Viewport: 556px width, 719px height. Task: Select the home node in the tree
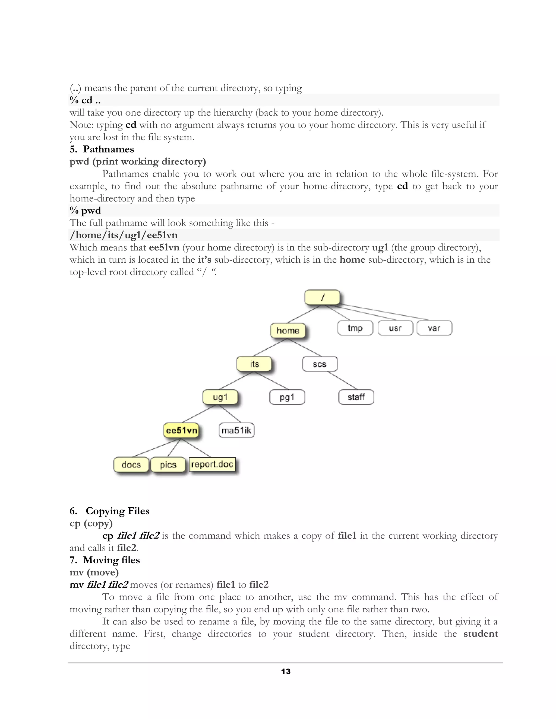coord(288,330)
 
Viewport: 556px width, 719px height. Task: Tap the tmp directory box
coord(355,328)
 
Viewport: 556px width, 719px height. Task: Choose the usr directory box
coord(395,328)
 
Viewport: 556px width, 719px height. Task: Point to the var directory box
coord(434,328)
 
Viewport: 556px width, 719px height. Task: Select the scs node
coord(320,364)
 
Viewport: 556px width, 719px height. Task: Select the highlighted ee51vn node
coord(182,430)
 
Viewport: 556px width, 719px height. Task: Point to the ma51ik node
coord(236,430)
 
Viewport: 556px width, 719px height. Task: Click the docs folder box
coord(131,465)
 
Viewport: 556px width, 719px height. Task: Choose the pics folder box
coord(168,465)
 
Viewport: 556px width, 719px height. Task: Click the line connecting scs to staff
coord(343,380)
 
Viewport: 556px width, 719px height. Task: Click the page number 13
coord(286,672)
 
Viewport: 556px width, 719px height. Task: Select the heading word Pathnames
coord(108,149)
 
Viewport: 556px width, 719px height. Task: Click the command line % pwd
coord(85,210)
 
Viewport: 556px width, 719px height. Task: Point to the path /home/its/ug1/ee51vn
coord(124,235)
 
